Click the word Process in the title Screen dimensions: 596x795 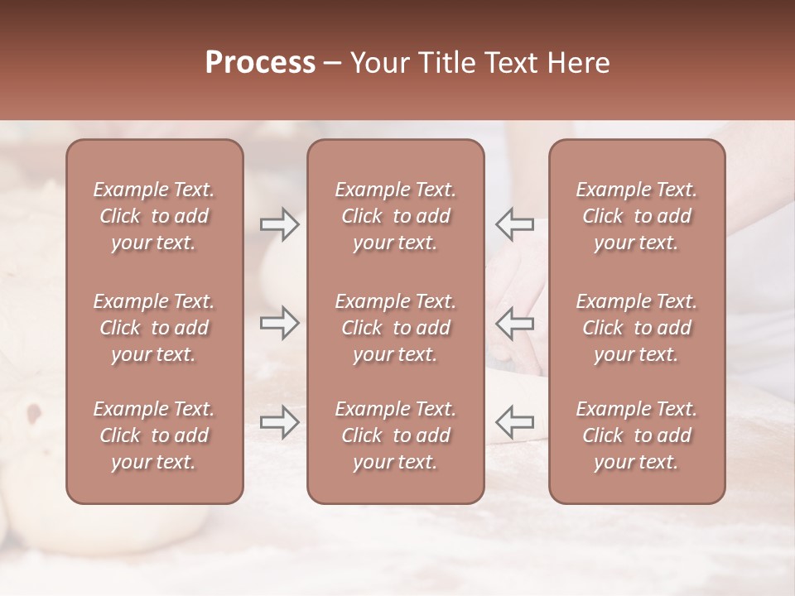[260, 63]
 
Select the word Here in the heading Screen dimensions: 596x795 [578, 63]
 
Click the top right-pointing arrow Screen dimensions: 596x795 [279, 224]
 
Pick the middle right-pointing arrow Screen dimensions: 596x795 [279, 323]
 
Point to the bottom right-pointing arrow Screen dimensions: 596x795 [279, 422]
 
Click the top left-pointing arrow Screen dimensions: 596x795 [514, 224]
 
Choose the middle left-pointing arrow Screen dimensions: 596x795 [514, 323]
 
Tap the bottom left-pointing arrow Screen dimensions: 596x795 [514, 422]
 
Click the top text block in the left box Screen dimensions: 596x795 [154, 216]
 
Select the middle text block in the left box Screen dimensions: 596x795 [154, 328]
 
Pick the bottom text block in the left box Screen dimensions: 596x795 [154, 435]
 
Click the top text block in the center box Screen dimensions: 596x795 [395, 216]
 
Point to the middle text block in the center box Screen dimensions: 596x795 [395, 328]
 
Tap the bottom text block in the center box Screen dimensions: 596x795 [395, 435]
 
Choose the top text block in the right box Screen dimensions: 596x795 [636, 216]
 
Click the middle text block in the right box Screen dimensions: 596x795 [636, 328]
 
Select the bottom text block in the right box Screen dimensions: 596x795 [636, 435]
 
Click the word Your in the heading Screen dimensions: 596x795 [380, 63]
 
